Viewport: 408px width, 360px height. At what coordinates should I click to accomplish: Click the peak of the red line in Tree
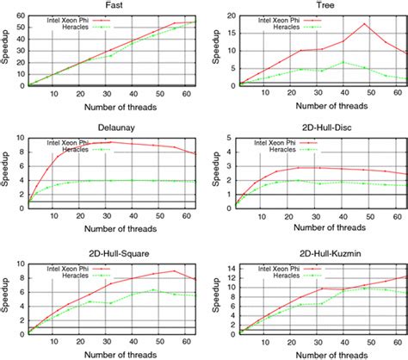coord(365,24)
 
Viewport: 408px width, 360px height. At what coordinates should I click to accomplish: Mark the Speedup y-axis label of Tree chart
coord(214,50)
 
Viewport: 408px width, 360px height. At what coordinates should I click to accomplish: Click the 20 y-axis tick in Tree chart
coord(226,14)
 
